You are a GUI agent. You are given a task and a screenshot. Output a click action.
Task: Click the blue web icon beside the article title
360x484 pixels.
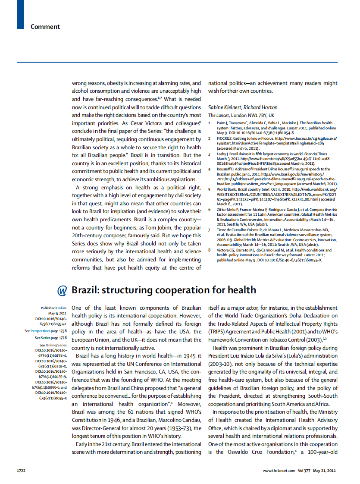coord(63,290)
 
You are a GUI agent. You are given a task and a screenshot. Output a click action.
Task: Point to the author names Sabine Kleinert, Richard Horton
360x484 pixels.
coord(243,107)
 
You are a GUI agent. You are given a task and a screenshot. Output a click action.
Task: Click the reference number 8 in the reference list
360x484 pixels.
coord(210,250)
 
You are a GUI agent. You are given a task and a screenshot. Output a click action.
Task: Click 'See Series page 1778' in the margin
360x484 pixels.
coord(51,338)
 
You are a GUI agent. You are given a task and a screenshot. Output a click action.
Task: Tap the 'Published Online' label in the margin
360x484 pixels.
coord(54,308)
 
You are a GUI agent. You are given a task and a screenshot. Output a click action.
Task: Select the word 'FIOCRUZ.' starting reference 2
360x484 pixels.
coord(227,138)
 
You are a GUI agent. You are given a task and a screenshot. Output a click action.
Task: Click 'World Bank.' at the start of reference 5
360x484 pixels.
coord(229,189)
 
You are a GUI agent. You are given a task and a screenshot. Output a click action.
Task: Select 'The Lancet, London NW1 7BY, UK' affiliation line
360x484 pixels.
coord(241,116)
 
